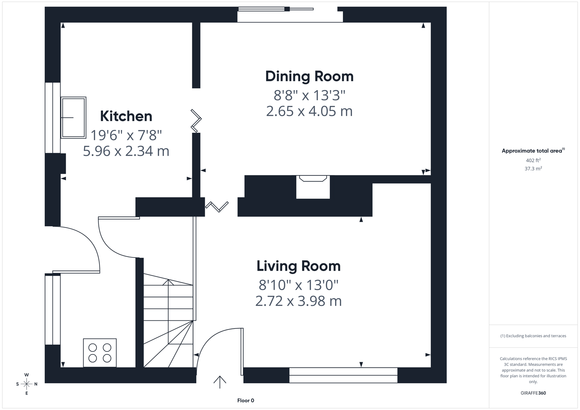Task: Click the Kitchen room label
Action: tap(126, 116)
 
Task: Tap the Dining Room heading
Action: tap(309, 76)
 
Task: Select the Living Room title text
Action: tap(299, 266)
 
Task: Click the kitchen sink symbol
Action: tap(73, 118)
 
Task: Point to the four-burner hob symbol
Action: tap(100, 353)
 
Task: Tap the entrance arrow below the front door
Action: tap(220, 382)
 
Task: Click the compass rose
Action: tap(27, 384)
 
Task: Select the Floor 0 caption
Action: tap(246, 401)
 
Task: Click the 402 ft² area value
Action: tap(533, 161)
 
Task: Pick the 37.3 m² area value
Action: tap(533, 169)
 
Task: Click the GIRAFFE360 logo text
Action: tap(533, 393)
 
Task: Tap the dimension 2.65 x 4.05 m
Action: tap(309, 111)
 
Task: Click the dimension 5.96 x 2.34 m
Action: tap(126, 151)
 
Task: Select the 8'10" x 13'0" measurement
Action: tap(299, 284)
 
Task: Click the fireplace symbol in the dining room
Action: tap(313, 179)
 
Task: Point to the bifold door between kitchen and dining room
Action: tap(196, 121)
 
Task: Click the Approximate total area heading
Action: tap(533, 151)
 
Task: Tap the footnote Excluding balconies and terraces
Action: tap(533, 336)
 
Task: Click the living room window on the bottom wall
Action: tap(343, 375)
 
